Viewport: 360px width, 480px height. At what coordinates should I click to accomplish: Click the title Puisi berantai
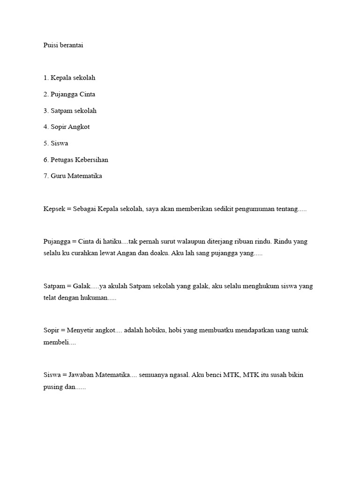click(x=63, y=45)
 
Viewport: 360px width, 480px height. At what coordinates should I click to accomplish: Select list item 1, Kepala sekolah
click(x=69, y=78)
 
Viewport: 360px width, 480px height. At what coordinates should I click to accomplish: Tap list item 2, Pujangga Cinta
click(x=69, y=94)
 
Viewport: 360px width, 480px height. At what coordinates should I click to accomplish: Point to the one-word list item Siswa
click(x=59, y=143)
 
